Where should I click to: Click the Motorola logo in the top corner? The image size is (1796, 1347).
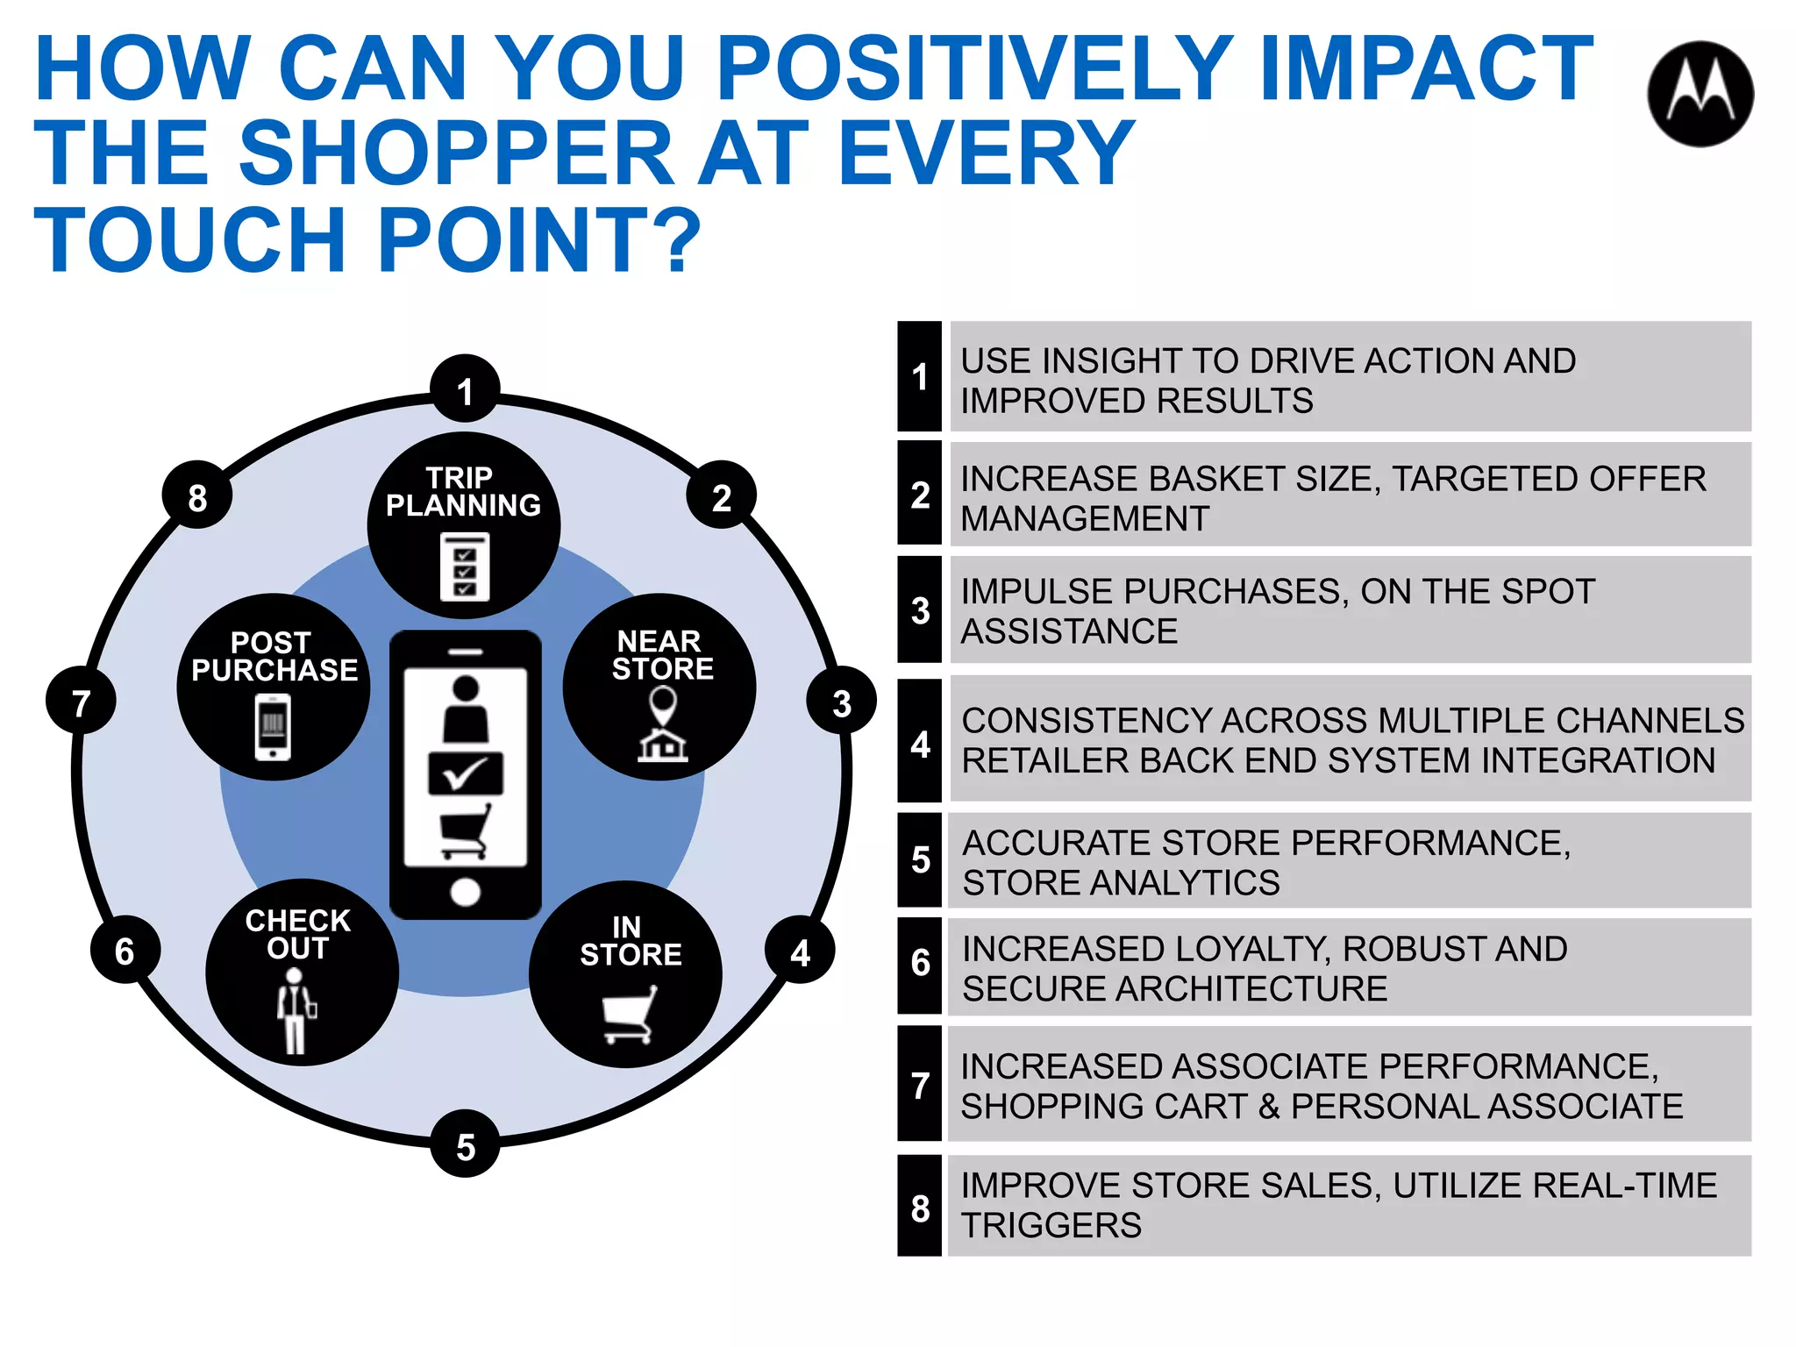1700,94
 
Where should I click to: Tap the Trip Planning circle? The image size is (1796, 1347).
464,524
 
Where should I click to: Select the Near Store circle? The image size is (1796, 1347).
659,687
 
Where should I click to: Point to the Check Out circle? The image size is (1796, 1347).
302,972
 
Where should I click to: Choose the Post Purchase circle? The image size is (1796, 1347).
274,687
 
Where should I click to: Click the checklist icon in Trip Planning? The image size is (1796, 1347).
465,567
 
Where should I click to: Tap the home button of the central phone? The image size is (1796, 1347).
465,892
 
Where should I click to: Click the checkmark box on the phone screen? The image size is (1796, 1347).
465,773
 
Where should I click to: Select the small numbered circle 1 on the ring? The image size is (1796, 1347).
465,390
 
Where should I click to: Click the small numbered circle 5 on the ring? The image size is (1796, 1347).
465,1144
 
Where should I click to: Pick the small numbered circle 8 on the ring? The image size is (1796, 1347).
197,496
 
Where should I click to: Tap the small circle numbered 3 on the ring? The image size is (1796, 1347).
841,702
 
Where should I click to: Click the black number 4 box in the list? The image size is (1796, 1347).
919,742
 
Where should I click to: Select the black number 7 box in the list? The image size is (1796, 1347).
919,1084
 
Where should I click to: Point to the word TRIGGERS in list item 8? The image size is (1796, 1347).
1051,1225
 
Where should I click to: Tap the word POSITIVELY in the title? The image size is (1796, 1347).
974,68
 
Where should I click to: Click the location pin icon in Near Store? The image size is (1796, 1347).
662,704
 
